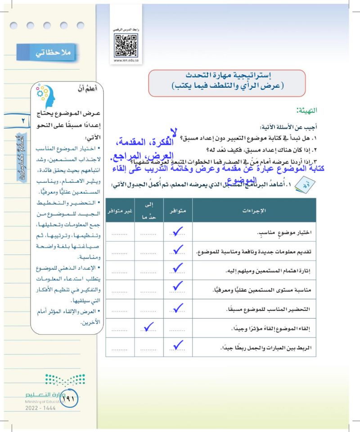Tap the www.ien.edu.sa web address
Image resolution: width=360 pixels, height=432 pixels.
tap(126, 59)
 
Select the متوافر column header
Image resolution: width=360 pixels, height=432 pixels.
tap(178, 210)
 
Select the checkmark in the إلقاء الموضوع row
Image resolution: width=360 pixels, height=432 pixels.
tap(148, 327)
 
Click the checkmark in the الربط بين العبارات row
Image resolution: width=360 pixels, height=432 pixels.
tap(178, 345)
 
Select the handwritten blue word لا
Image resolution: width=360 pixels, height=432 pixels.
tap(173, 131)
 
